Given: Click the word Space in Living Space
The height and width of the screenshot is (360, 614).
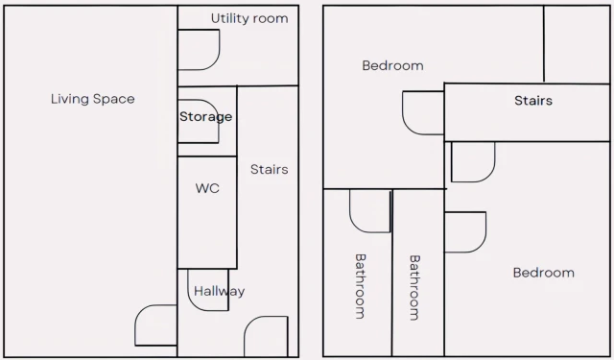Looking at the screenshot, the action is [113, 99].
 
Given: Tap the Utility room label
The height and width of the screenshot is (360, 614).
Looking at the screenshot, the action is [249, 18].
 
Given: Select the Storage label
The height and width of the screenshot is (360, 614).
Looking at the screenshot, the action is [205, 117].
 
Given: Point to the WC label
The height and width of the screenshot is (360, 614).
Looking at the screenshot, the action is [207, 188].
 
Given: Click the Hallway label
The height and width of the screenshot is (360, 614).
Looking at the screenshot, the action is [220, 292].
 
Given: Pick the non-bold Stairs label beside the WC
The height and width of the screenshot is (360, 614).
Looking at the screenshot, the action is [269, 169].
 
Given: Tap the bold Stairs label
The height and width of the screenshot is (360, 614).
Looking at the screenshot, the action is [533, 101].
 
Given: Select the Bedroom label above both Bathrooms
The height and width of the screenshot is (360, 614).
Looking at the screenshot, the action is [392, 65].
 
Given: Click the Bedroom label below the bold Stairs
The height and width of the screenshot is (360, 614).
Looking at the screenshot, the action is [544, 273].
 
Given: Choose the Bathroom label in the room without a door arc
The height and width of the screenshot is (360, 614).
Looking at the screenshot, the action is [414, 288].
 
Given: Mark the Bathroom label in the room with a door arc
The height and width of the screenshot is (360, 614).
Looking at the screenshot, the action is [361, 286].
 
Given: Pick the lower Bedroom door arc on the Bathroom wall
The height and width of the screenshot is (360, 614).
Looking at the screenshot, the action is [480, 245].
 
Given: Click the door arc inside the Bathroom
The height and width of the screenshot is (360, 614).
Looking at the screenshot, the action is [356, 226].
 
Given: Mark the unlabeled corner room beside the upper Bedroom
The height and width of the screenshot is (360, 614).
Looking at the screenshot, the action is [577, 44].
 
